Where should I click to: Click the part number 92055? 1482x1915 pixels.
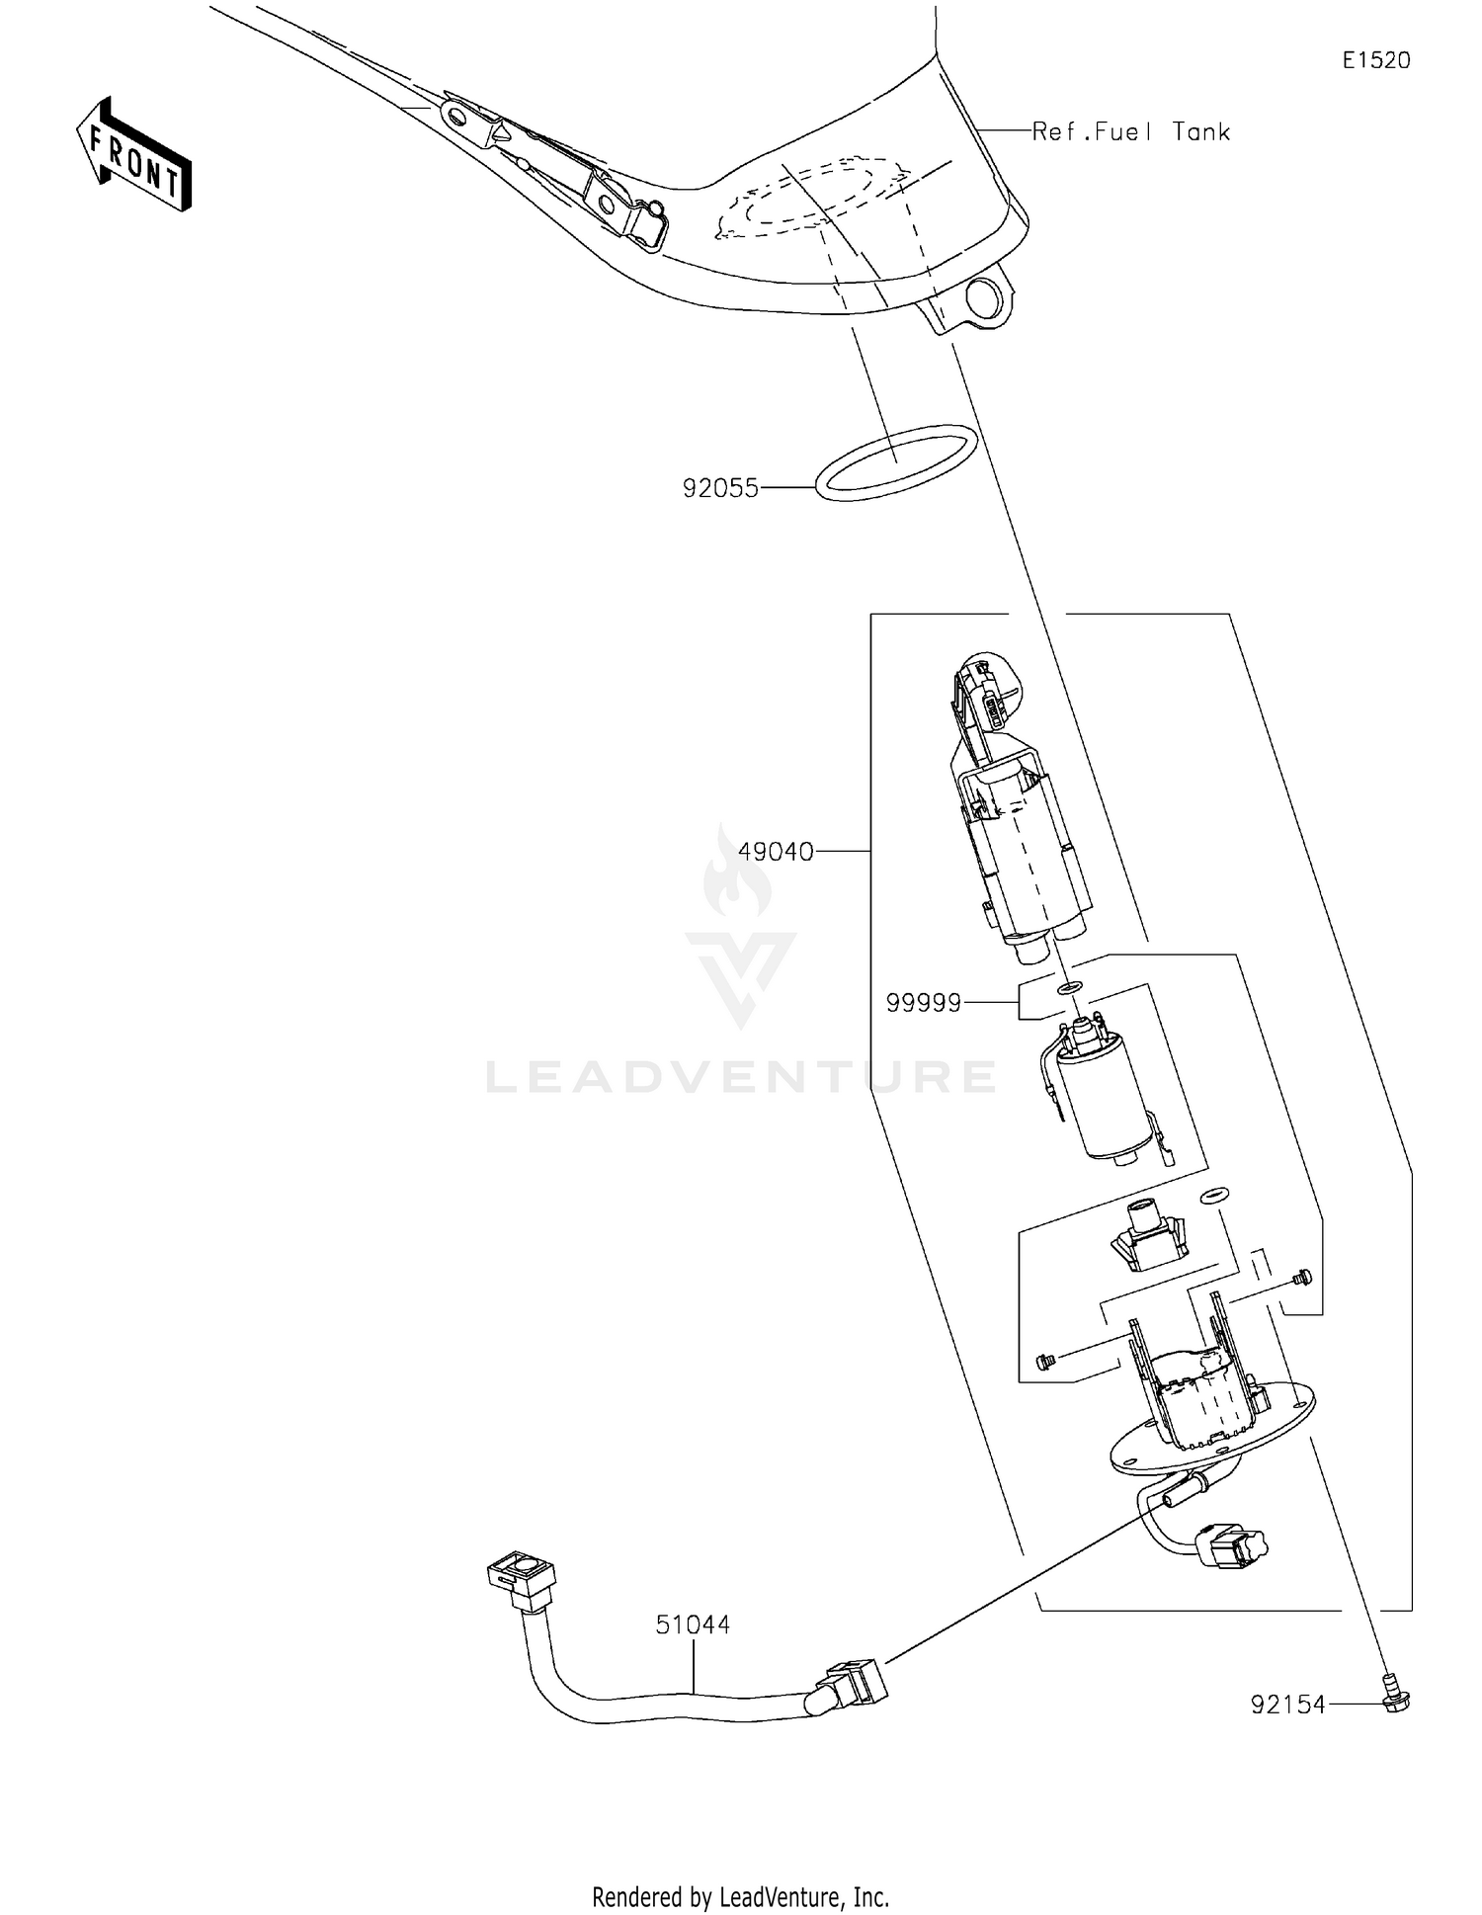720,488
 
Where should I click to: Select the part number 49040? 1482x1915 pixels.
776,851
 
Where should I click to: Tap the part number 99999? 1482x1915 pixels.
924,1003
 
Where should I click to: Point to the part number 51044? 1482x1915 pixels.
693,1625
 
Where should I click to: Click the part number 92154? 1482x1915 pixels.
1287,1705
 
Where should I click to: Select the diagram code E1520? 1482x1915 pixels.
1375,60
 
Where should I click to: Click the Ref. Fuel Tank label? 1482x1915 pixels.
1130,131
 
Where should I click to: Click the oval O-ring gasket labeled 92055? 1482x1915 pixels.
897,461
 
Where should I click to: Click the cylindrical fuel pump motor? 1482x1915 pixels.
1111,1097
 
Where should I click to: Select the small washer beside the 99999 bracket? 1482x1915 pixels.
1069,987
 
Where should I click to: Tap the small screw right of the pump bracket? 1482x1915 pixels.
1300,1277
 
